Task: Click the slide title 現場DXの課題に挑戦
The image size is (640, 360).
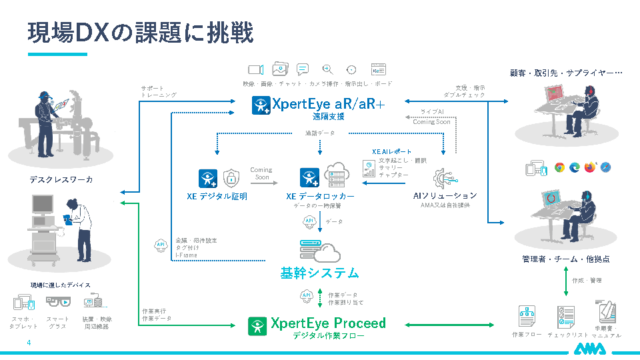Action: coord(140,31)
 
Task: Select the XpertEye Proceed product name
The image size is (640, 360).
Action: coord(327,323)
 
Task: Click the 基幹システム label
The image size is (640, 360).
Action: coord(319,273)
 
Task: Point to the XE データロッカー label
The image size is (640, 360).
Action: coord(320,197)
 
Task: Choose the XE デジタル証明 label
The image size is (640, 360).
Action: coord(217,197)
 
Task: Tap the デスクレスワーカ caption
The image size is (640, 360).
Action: coord(61,180)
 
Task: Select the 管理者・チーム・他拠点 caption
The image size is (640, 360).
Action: coord(565,259)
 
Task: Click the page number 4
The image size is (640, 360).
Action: coord(29,343)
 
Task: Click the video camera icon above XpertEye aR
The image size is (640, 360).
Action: coord(257,69)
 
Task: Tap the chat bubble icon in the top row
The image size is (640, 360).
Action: coord(303,69)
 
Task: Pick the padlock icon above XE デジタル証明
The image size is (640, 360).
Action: coord(231,177)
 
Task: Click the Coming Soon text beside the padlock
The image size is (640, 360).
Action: coord(261,173)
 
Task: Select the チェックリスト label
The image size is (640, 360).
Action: coord(567,335)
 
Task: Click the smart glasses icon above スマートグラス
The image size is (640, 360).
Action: coord(58,302)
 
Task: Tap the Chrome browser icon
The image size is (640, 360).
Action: coord(560,167)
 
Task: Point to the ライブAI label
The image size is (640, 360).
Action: coord(432,111)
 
